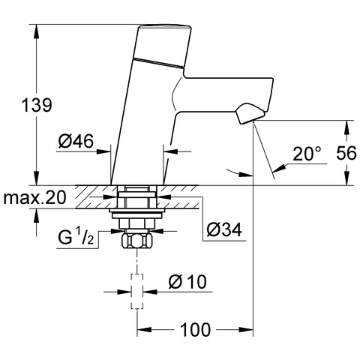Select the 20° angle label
click(307, 154)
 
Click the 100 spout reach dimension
click(195, 328)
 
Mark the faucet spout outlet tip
click(247, 115)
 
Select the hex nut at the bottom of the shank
click(136, 242)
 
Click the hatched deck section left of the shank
click(90, 198)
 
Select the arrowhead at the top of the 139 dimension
click(34, 29)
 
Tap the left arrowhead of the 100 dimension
click(142, 328)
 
